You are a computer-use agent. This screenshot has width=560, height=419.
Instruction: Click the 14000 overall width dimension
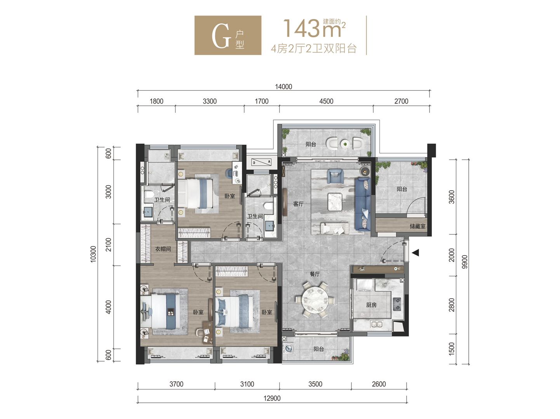point(283,87)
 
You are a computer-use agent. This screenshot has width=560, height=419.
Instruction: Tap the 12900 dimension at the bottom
point(272,398)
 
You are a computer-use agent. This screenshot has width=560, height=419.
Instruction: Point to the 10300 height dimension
point(93,254)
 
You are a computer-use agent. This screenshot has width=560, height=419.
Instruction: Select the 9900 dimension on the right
point(464,262)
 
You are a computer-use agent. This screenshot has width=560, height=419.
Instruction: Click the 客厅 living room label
point(298,204)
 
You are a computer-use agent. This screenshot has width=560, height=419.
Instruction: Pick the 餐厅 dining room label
point(315,274)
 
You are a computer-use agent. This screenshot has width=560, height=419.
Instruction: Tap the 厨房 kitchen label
point(371,305)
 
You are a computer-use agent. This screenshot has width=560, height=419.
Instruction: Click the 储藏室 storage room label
point(417,226)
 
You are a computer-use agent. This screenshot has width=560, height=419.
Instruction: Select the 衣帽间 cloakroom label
point(163,249)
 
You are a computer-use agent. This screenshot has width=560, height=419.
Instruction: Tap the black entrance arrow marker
point(416,253)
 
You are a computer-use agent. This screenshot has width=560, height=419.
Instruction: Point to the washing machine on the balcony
point(289,348)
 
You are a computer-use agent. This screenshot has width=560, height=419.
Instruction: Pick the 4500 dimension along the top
point(326,101)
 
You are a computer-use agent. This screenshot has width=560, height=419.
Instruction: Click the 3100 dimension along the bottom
point(247,384)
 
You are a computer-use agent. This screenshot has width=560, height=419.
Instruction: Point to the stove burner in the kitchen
point(398,304)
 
